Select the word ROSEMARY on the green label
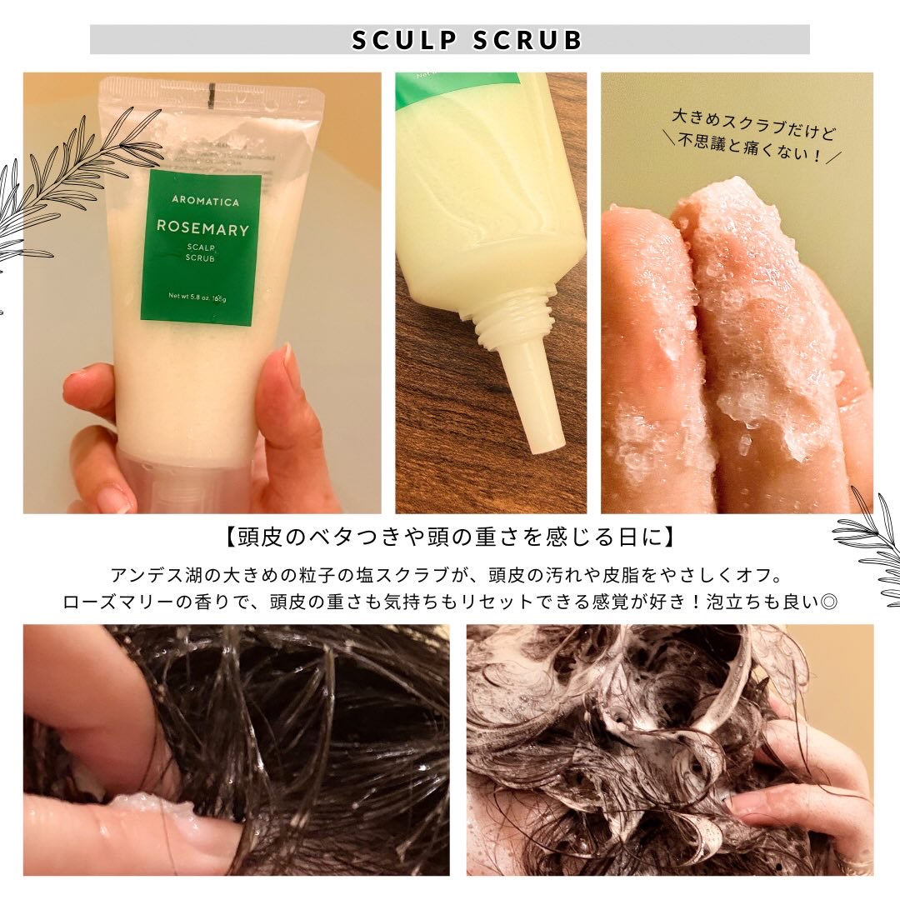pos(202,229)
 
